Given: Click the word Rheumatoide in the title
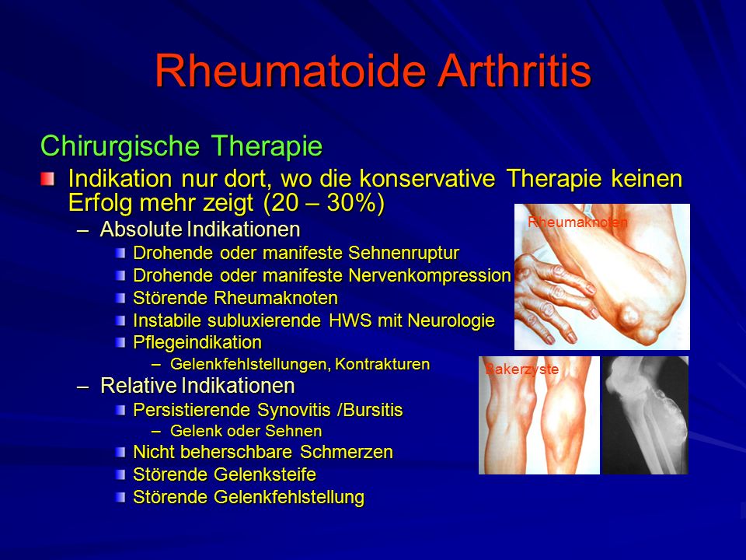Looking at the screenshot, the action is click(290, 71).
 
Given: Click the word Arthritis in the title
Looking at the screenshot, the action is click(514, 71).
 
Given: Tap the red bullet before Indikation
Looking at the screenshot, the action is click(47, 180).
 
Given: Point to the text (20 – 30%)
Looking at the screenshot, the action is click(324, 203).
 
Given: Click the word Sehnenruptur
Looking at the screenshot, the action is click(403, 252).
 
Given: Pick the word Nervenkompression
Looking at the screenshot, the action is click(430, 275).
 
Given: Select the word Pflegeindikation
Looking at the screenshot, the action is click(197, 343).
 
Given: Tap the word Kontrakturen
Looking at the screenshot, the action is click(382, 364).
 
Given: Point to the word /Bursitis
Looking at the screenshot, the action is click(370, 410).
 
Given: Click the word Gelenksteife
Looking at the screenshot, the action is click(264, 474).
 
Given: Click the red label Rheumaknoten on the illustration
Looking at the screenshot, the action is click(577, 222).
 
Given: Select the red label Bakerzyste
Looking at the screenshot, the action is click(521, 369).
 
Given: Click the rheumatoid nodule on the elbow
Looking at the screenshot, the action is click(629, 316).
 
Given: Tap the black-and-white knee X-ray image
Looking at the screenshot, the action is click(646, 415).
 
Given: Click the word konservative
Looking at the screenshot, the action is click(427, 179).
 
